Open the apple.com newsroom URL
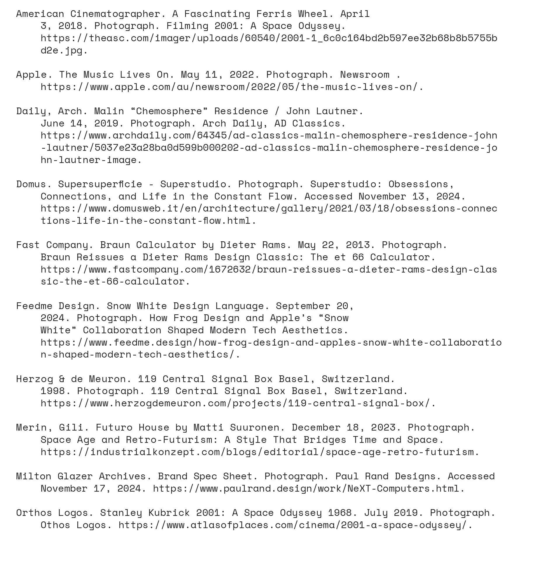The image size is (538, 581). tap(232, 87)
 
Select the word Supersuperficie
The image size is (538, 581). tap(100, 184)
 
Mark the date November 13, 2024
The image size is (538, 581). tap(412, 196)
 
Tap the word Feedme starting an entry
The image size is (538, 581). tap(34, 306)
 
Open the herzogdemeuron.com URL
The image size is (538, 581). tap(238, 403)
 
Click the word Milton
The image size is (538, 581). tap(34, 476)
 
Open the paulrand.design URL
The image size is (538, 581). tap(309, 488)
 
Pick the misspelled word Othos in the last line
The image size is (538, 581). tap(55, 525)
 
